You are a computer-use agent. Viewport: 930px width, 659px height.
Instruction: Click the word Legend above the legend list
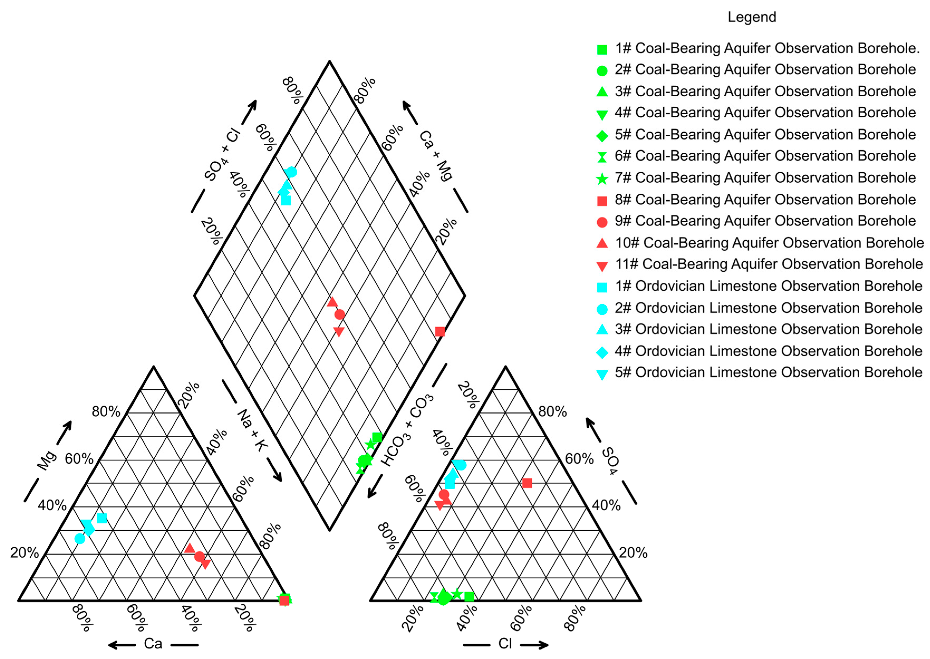click(752, 17)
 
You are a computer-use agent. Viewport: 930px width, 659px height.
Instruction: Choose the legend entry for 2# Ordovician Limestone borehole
click(768, 308)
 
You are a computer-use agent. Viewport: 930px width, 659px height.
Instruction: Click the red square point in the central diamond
click(440, 331)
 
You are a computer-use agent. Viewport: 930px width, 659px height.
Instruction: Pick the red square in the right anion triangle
click(527, 483)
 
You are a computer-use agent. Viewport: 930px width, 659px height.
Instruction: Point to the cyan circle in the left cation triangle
click(80, 538)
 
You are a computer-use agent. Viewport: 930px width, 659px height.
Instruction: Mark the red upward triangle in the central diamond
click(332, 302)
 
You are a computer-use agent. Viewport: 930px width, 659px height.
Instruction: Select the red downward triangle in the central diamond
click(339, 331)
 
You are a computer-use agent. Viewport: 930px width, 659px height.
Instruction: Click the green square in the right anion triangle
click(469, 597)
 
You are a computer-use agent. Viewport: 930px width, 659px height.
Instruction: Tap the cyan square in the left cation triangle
click(102, 518)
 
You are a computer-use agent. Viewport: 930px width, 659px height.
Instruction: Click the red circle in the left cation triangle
click(199, 556)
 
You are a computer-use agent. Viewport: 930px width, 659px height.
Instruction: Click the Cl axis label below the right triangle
click(505, 644)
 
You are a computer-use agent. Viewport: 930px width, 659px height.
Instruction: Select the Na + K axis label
click(252, 430)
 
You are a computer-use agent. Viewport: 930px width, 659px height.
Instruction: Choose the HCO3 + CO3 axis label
click(407, 430)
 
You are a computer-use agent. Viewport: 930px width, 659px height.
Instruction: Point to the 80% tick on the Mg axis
click(106, 411)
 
